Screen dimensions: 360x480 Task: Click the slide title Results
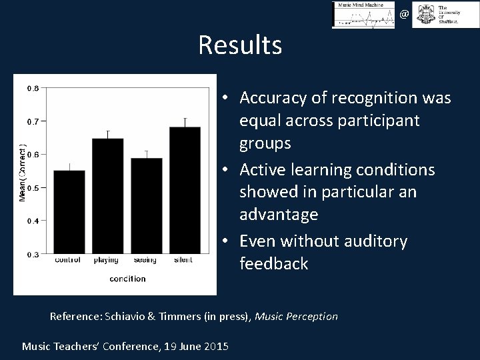coord(240,45)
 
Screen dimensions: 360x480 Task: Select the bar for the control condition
coord(69,211)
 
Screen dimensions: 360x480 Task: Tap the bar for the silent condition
coord(185,190)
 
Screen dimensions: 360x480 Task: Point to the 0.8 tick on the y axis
coord(32,87)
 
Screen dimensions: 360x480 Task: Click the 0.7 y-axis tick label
coord(32,121)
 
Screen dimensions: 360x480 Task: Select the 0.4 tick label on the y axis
coord(32,221)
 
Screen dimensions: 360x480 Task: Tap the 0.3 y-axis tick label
coord(32,254)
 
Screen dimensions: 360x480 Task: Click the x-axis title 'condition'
coord(127,279)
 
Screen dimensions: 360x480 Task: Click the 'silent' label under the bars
coord(183,260)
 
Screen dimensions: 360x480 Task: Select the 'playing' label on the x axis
coord(107,261)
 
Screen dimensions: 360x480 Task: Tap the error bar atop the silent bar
coord(185,122)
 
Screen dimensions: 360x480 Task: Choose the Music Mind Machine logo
coord(363,15)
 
